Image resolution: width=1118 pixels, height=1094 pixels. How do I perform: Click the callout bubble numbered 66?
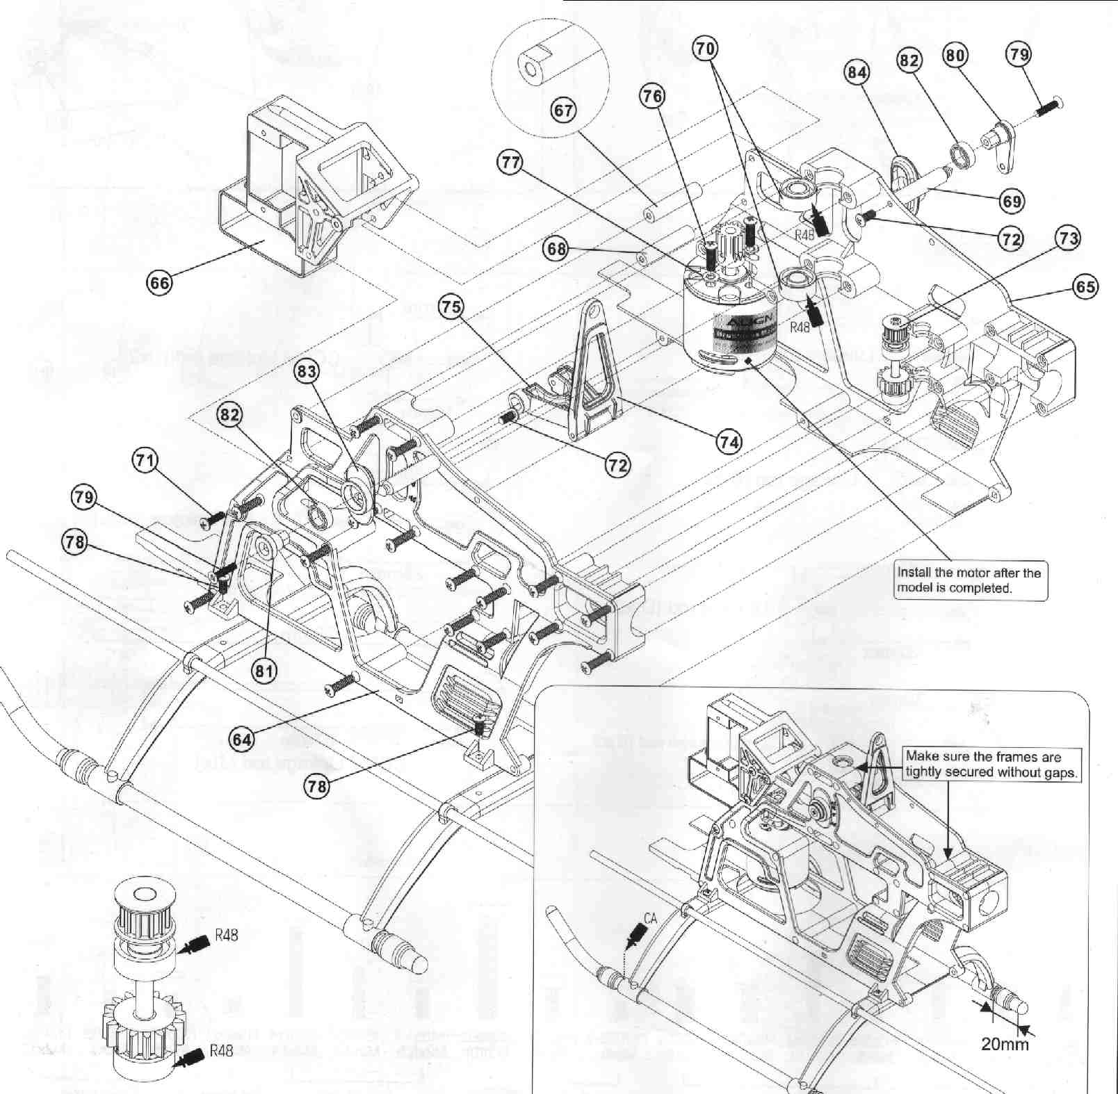(160, 282)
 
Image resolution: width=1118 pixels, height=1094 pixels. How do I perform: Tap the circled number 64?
(242, 740)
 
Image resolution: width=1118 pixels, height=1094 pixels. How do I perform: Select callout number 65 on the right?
(1085, 286)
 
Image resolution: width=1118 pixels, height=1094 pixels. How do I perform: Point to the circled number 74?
(729, 441)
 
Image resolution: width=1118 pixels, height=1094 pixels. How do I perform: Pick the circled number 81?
(265, 671)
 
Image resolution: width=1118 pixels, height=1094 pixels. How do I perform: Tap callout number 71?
(145, 461)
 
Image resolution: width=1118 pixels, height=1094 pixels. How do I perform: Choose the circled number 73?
(1068, 238)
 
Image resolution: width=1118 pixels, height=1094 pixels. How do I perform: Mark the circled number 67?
(564, 110)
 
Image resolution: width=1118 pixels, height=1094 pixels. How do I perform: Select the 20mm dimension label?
(1005, 1063)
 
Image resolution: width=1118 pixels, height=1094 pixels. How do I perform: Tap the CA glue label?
(650, 918)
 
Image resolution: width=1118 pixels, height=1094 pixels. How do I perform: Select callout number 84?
(857, 71)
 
